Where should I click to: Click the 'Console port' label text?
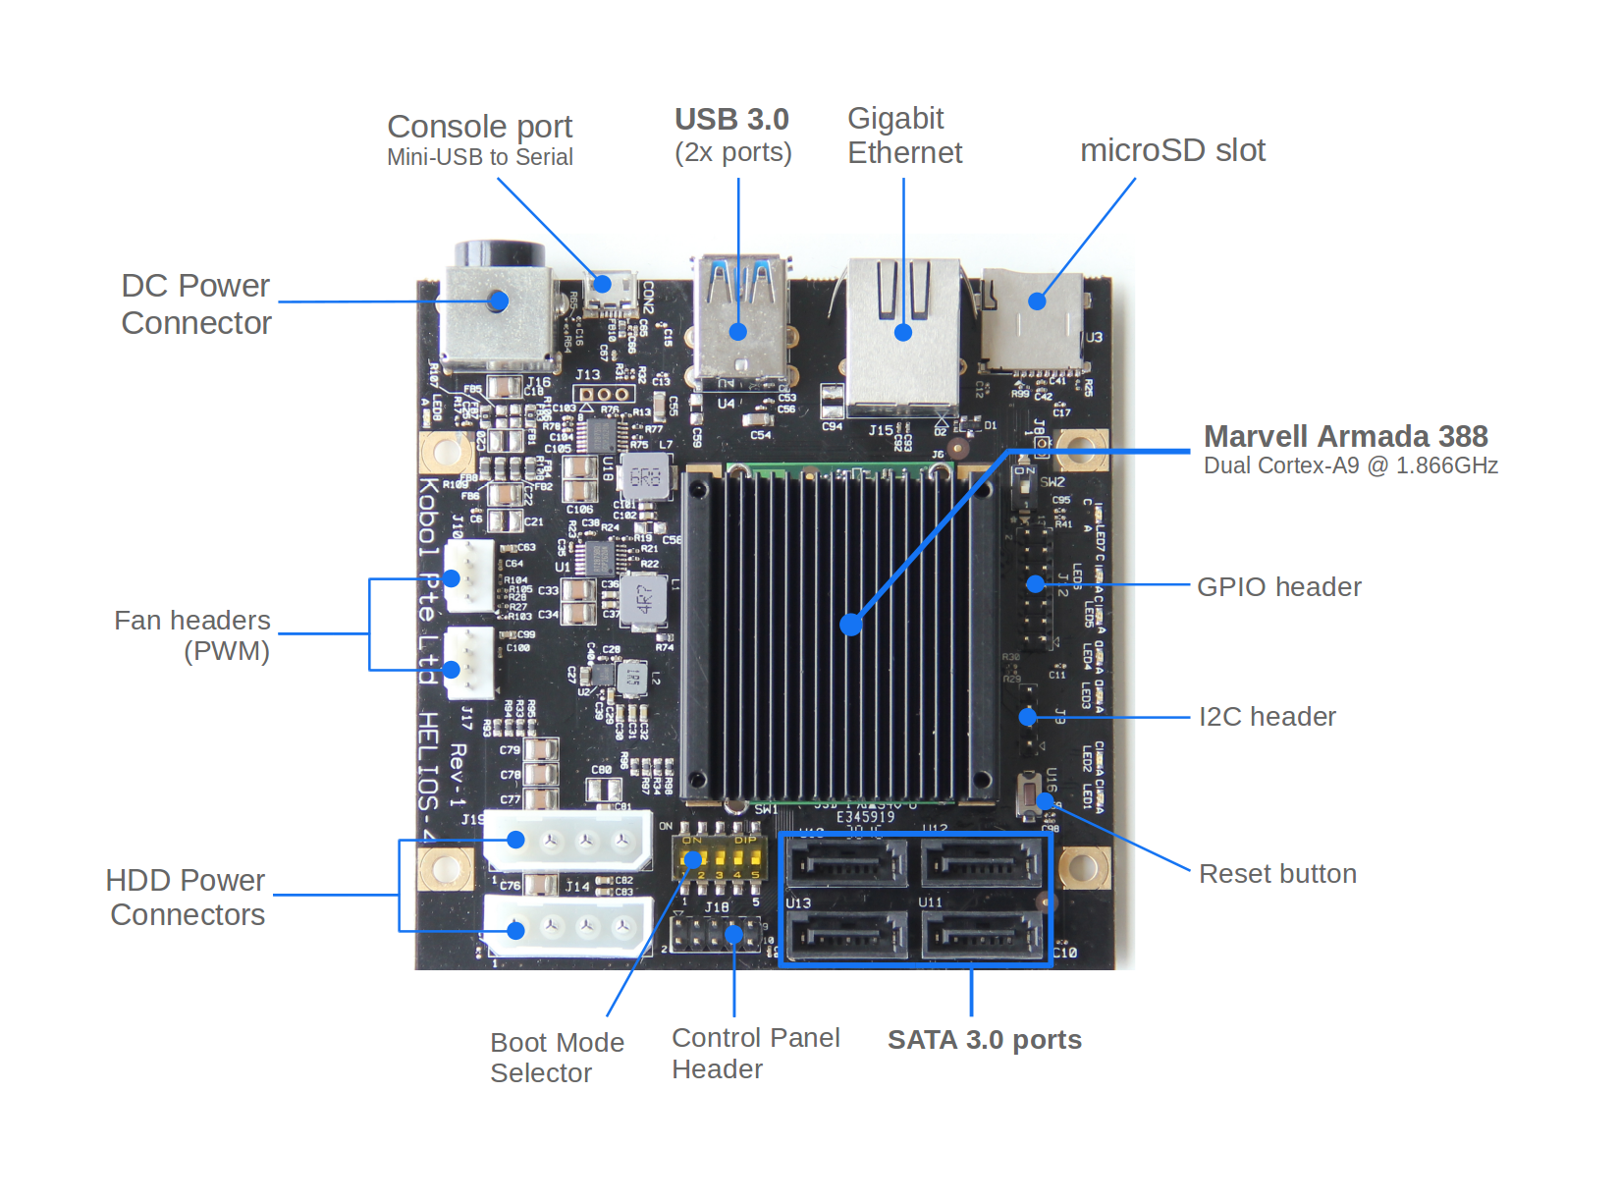pos(479,127)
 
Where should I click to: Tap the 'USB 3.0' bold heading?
pos(731,120)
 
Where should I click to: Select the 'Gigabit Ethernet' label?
pos(903,136)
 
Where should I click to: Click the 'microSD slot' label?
pos(1172,150)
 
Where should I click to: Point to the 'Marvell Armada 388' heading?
pos(1345,436)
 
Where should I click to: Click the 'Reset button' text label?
pos(1277,874)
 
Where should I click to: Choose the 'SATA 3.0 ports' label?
pos(984,1040)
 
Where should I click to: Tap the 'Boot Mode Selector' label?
pos(556,1058)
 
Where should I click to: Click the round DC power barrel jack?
pos(499,300)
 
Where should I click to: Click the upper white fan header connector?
pos(468,576)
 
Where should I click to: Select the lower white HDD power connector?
pos(567,926)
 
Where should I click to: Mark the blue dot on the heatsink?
pos(851,624)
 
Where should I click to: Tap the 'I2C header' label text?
pos(1267,717)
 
